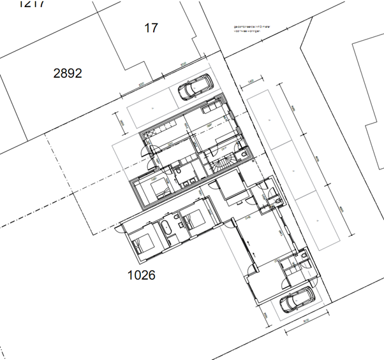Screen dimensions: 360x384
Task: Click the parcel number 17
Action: click(151, 28)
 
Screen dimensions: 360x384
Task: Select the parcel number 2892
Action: click(68, 73)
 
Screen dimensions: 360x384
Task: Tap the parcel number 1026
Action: click(141, 275)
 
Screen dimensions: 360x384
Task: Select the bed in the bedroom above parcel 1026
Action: click(142, 242)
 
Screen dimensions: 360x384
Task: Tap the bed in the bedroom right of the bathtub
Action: click(194, 220)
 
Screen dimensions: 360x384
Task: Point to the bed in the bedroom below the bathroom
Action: click(158, 190)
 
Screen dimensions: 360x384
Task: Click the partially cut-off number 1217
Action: click(33, 4)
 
